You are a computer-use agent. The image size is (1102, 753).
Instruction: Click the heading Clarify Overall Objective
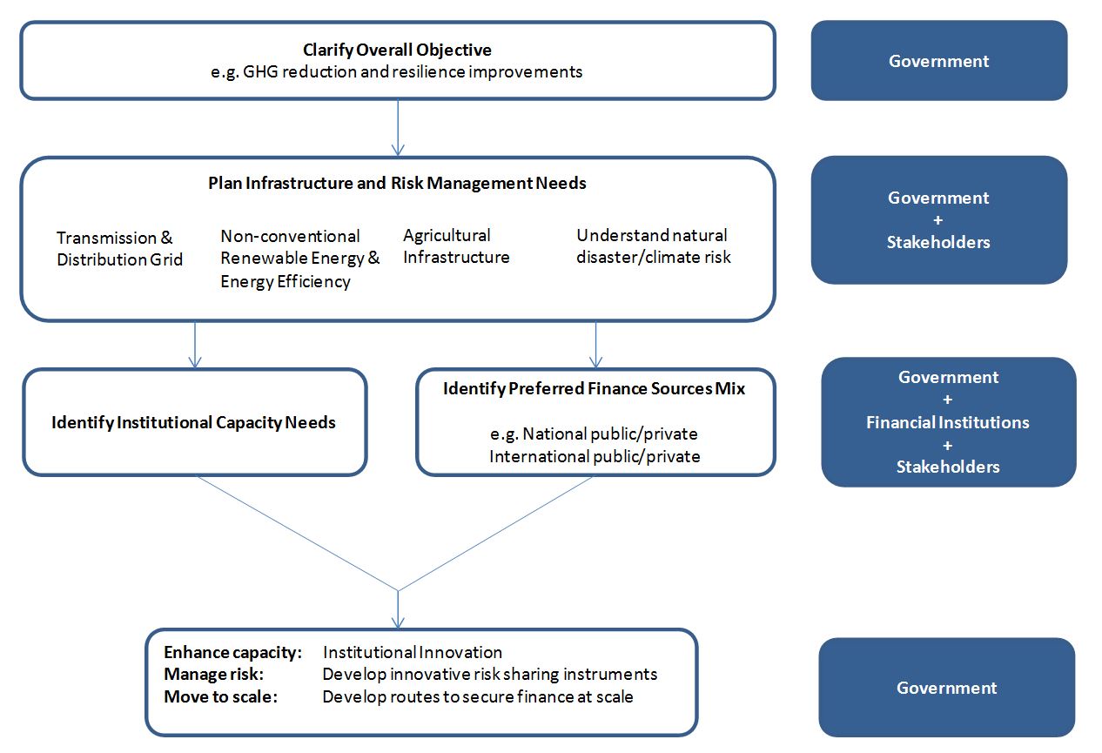click(x=397, y=50)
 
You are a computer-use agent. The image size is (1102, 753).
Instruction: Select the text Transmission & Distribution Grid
click(x=119, y=249)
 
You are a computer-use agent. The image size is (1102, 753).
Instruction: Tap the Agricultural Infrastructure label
click(x=456, y=246)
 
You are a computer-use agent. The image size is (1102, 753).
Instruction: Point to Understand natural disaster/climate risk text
click(x=654, y=246)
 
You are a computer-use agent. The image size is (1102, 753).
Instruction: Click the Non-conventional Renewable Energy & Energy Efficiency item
click(x=300, y=259)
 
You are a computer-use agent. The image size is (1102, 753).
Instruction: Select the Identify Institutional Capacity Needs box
click(x=195, y=422)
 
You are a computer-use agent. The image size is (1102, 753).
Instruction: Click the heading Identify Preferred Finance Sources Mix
click(x=594, y=388)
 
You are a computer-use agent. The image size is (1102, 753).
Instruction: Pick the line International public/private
click(x=595, y=457)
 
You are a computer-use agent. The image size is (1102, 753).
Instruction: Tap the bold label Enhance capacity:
click(x=232, y=652)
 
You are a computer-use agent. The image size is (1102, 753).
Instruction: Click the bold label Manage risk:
click(x=213, y=675)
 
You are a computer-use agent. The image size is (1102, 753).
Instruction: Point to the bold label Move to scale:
click(x=220, y=697)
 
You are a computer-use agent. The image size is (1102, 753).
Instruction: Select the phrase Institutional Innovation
click(x=413, y=652)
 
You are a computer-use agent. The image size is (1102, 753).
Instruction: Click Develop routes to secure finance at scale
click(x=478, y=697)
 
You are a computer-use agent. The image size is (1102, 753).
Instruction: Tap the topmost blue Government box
click(x=939, y=61)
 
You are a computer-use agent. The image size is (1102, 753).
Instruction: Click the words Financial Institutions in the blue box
click(x=948, y=422)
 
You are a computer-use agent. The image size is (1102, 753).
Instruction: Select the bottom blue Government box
click(x=946, y=688)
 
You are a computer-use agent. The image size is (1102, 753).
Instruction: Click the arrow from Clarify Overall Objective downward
click(x=398, y=128)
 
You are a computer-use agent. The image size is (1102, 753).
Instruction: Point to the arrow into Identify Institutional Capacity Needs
click(x=195, y=345)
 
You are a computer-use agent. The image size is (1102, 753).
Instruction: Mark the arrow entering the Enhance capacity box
click(x=398, y=609)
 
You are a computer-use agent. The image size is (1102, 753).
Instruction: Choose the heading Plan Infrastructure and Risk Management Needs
click(x=397, y=183)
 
